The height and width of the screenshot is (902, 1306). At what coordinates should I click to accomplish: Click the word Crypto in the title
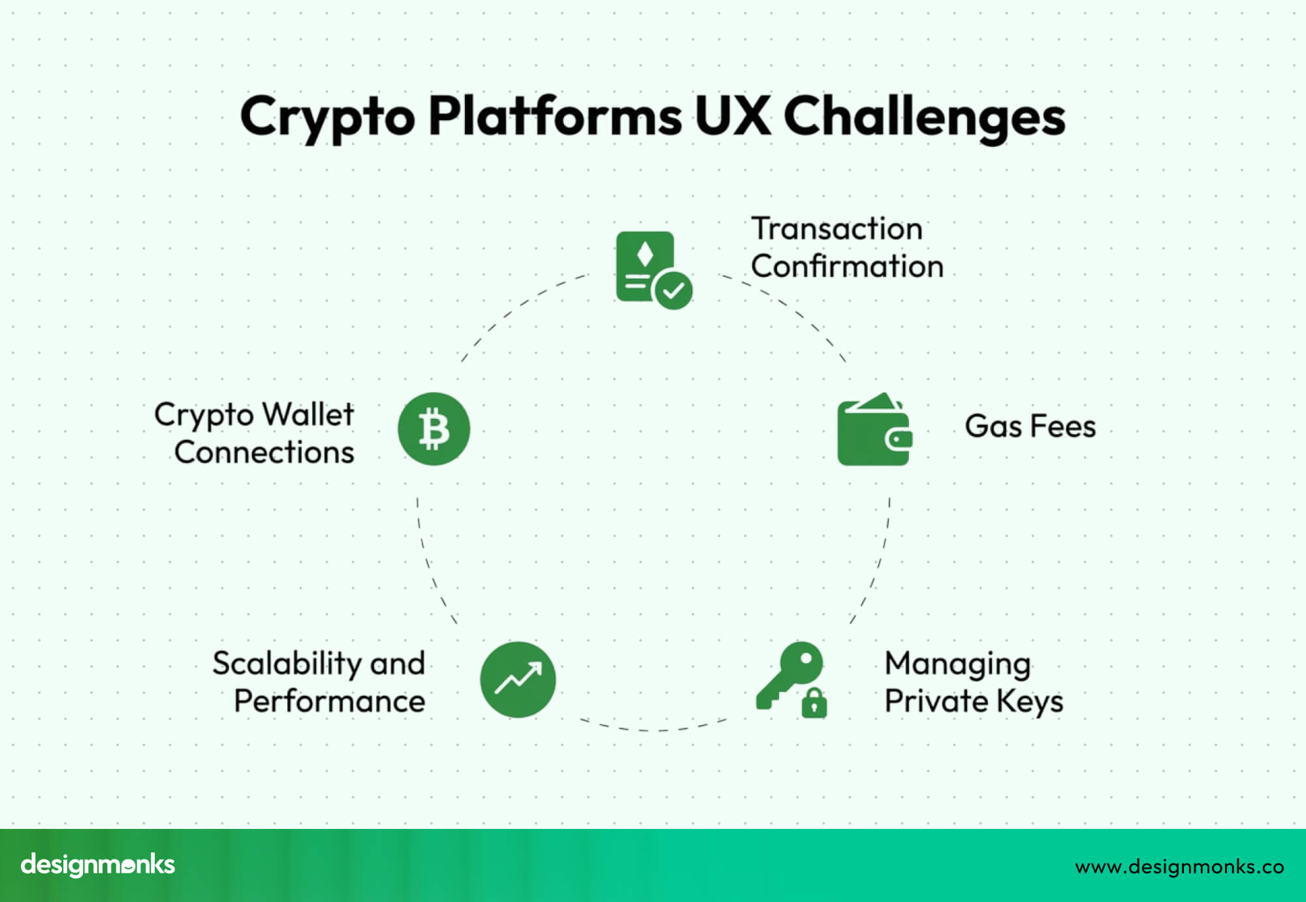[327, 117]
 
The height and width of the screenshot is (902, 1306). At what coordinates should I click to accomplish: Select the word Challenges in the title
[924, 117]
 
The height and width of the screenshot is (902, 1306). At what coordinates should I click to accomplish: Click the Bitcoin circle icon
[434, 429]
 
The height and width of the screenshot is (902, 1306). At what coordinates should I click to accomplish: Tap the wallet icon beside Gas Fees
[874, 431]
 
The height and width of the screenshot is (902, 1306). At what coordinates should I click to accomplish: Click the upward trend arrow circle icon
[518, 679]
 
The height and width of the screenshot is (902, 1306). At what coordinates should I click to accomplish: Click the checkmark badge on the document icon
[673, 290]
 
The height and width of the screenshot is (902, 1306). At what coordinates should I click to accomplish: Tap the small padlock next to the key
[814, 703]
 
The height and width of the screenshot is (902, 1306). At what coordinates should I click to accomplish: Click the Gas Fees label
[1030, 426]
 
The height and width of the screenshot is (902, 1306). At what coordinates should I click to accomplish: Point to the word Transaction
[836, 229]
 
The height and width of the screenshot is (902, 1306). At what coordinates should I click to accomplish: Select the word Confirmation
[847, 266]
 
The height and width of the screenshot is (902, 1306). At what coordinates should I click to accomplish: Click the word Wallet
[308, 414]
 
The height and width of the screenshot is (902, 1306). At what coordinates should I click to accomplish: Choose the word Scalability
[287, 664]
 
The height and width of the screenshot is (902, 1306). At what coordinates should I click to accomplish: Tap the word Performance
[329, 702]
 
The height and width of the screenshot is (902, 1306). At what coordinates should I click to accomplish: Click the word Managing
[957, 664]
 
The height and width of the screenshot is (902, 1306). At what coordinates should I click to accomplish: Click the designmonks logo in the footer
[98, 865]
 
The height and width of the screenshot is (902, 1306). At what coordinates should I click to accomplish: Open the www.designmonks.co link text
[1179, 867]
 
